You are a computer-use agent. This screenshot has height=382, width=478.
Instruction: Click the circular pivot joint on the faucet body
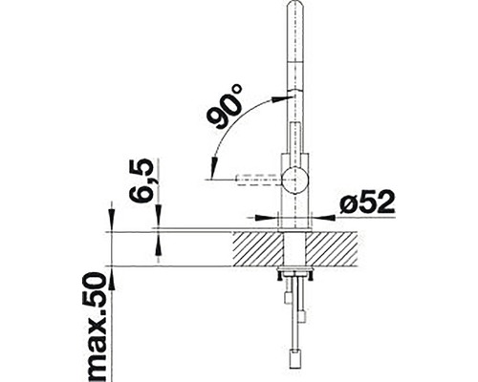tap(295, 176)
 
